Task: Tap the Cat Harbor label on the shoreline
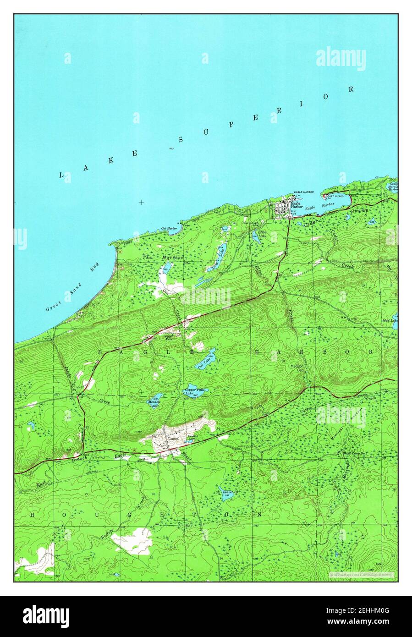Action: (x=169, y=228)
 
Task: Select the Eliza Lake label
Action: (x=262, y=234)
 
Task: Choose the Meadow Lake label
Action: (x=153, y=404)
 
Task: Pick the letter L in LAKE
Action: (x=61, y=175)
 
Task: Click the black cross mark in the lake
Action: (x=142, y=202)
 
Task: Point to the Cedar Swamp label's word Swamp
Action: (x=361, y=210)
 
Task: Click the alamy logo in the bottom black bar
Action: (x=46, y=616)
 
